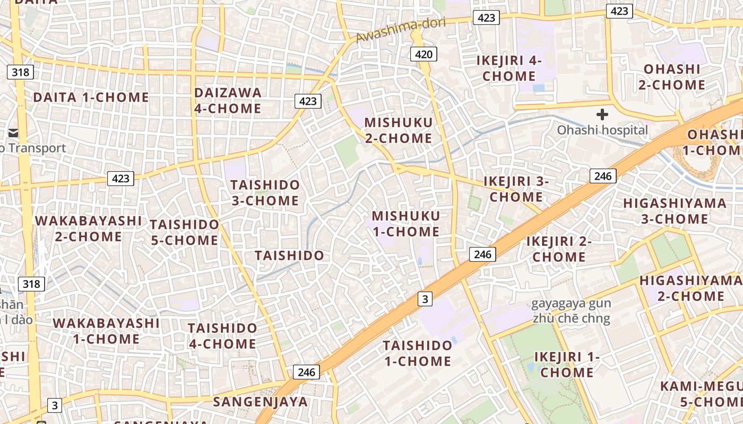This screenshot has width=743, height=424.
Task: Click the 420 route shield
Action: pos(424,54)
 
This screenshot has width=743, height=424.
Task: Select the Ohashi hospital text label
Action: pos(602,130)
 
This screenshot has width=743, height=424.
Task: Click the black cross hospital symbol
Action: pos(602,114)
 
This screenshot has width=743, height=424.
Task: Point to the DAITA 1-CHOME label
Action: pos(91,97)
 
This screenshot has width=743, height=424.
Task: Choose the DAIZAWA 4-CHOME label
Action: pos(228,100)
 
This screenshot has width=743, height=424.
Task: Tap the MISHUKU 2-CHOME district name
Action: pos(398,130)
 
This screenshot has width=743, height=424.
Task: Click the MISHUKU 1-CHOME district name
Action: pos(405,224)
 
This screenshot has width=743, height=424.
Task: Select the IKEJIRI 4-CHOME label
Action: pos(508,68)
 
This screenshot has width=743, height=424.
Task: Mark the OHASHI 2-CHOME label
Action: pos(672,77)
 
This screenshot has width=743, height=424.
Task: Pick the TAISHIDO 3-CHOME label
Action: pos(265,192)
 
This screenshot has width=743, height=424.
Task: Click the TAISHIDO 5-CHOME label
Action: pos(184,232)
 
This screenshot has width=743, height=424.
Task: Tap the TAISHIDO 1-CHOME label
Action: pos(417,354)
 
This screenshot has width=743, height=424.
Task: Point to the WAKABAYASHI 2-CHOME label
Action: pos(89,228)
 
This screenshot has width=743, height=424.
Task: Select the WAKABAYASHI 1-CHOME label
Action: pos(106,331)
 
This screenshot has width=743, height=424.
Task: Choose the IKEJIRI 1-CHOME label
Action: pos(567,364)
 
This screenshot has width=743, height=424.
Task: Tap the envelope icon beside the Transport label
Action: pos(13,132)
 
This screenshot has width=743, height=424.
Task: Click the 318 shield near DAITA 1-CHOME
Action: pos(20,72)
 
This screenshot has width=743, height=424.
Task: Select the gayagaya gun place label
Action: pos(571,304)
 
